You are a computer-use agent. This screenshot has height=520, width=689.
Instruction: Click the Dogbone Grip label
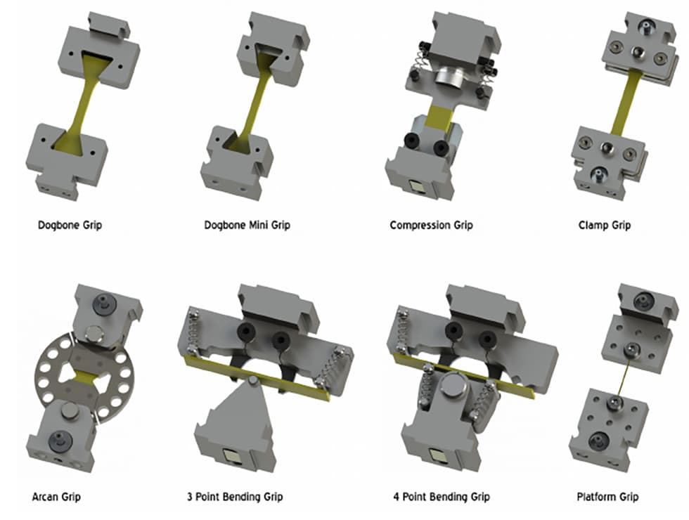coord(70,226)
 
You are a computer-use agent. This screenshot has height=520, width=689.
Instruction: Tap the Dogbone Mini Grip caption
coord(247,226)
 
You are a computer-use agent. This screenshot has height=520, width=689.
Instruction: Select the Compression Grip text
coord(431,226)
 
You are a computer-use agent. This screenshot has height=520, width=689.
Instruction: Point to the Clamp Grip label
coord(605,226)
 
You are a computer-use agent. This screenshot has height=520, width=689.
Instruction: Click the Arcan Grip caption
coord(56,497)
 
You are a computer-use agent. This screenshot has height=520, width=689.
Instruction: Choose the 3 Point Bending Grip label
coord(235,497)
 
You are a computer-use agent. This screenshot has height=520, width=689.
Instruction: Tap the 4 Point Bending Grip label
coord(442,497)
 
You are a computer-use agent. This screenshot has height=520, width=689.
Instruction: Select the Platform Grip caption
coord(607,497)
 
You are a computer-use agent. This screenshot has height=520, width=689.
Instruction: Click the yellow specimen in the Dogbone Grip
coord(82,105)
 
